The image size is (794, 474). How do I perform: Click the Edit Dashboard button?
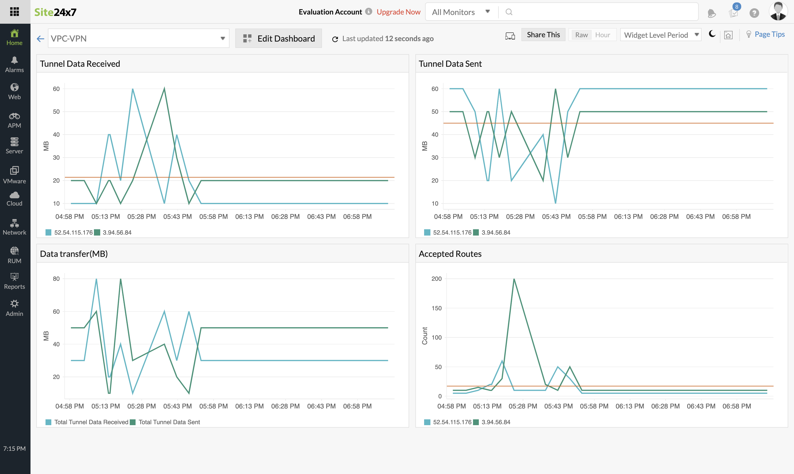coord(278,38)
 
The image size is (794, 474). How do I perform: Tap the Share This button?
coord(543,35)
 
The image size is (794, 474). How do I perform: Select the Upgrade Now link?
coord(398,12)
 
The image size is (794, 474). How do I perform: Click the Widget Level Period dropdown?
coord(660,35)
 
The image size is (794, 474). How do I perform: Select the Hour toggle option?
coord(603,35)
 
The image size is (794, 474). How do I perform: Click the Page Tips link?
coord(769,34)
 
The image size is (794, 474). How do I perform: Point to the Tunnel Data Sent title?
coord(450,64)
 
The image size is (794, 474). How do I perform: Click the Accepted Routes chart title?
coord(450,254)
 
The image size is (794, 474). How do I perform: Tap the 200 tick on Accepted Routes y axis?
coord(436,279)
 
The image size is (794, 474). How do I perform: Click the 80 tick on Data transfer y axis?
coord(56,279)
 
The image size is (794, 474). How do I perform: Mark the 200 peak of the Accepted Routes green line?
coord(514,279)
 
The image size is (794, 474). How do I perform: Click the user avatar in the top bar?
coord(778,12)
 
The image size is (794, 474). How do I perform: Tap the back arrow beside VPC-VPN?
coord(40,39)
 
